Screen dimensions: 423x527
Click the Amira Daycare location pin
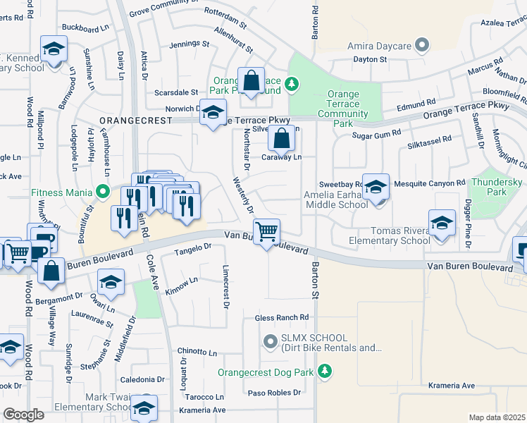click(x=422, y=47)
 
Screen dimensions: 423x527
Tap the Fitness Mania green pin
click(x=104, y=191)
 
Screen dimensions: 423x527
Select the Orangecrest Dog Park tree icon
click(x=324, y=371)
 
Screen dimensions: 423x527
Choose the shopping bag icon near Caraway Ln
click(x=281, y=139)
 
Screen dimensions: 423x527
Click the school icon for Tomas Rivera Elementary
click(x=442, y=223)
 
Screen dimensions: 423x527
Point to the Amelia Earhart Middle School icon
click(x=376, y=188)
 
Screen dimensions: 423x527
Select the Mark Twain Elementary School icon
click(x=144, y=407)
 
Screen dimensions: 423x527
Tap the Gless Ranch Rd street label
click(x=282, y=318)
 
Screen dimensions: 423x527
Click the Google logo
click(x=23, y=415)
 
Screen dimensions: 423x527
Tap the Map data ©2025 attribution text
click(x=497, y=417)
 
